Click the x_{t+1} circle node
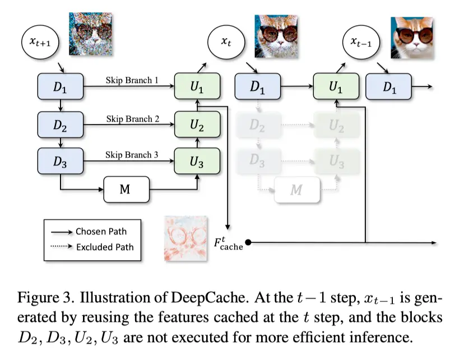[40, 41]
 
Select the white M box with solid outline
[126, 190]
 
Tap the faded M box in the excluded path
[297, 190]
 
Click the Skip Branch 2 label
[133, 119]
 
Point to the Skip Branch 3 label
[132, 155]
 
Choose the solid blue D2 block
[61, 124]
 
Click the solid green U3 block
[197, 161]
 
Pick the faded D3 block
[258, 160]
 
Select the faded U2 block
[337, 125]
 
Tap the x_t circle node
[226, 41]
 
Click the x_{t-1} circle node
[361, 41]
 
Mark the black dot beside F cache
[248, 242]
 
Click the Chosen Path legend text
[101, 232]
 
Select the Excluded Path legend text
[105, 247]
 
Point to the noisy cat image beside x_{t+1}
[91, 34]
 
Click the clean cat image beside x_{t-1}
[412, 38]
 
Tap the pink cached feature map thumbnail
[185, 239]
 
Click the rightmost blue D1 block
[388, 86]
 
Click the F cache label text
[228, 244]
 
